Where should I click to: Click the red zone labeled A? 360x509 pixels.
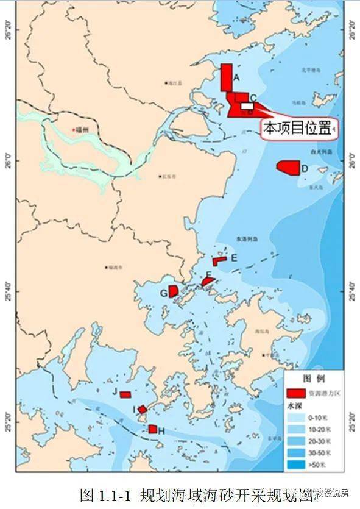(226, 77)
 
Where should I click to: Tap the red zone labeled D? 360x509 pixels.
(288, 167)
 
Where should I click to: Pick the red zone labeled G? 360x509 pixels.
(173, 291)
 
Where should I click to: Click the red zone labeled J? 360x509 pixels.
(125, 394)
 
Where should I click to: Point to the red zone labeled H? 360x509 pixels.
(152, 429)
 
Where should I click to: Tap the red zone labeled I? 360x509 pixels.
(142, 409)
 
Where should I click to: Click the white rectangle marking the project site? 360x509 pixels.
(247, 105)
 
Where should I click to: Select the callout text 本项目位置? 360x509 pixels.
(296, 128)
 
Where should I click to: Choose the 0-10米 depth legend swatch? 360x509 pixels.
(296, 418)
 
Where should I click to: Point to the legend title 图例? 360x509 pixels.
(311, 378)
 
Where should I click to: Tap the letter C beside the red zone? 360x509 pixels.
(253, 97)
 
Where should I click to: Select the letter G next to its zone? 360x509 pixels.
(163, 293)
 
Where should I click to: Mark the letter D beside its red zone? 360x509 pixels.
(304, 168)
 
